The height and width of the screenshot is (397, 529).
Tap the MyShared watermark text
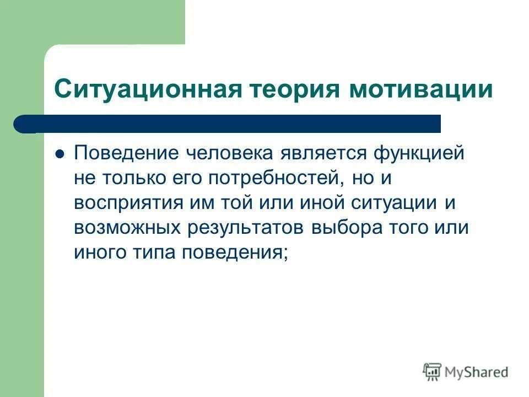[477, 372]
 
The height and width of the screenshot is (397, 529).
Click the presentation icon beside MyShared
[433, 372]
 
